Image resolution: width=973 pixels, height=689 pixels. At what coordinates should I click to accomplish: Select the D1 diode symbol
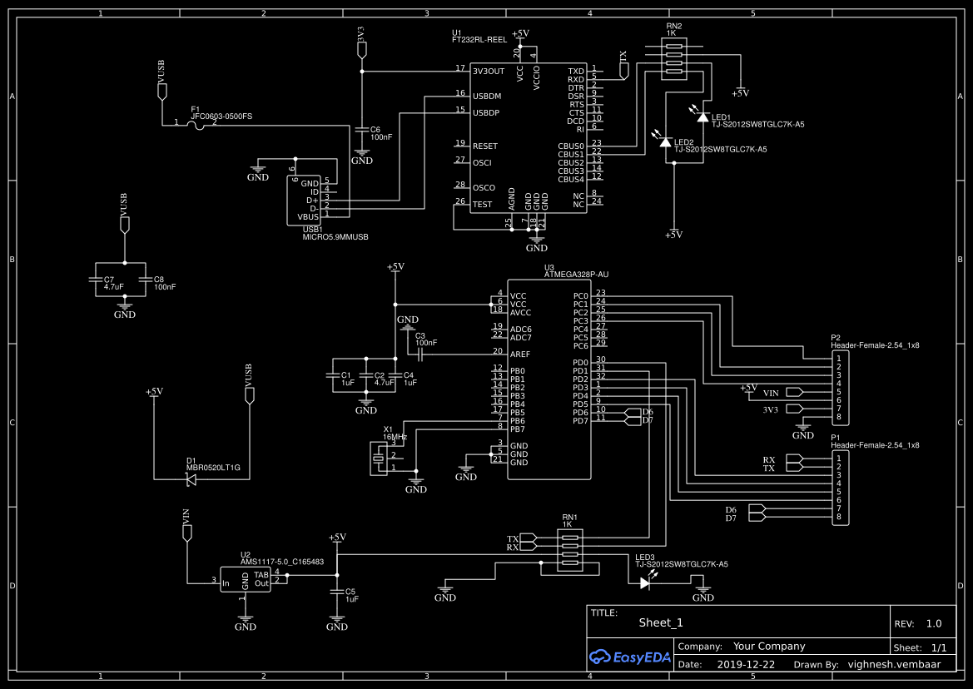[x=191, y=478]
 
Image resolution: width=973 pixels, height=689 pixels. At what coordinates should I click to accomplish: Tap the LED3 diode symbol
[x=645, y=582]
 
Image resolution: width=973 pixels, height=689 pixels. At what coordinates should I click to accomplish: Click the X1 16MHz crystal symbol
[x=381, y=457]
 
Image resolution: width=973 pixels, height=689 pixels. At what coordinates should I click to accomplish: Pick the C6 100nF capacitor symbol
[x=362, y=130]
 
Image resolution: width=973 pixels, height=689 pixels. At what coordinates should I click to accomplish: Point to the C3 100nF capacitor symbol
[x=421, y=354]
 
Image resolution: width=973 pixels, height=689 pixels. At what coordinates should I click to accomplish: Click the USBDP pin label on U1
[x=486, y=112]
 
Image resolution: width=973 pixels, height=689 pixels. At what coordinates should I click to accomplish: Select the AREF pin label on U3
[x=519, y=354]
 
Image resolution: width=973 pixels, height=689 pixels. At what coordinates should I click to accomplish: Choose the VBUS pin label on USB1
[x=308, y=217]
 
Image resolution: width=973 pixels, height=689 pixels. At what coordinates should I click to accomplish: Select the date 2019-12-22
[x=746, y=665]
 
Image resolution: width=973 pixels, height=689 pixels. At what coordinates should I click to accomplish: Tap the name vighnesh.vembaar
[x=896, y=665]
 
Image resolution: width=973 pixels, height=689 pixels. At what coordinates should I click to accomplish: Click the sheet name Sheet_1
[x=660, y=622]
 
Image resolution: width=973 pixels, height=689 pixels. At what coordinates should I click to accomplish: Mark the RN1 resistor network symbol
[x=568, y=550]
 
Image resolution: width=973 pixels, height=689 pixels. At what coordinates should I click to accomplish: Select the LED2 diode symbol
[x=665, y=142]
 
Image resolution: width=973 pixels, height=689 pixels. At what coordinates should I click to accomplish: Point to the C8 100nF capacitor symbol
[x=146, y=282]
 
